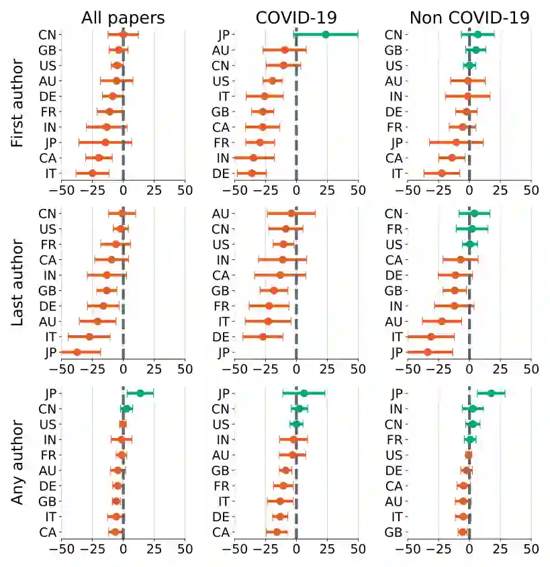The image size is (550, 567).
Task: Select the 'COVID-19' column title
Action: (x=296, y=17)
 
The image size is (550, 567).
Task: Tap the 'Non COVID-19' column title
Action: (x=469, y=17)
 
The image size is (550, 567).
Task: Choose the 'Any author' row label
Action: (x=18, y=462)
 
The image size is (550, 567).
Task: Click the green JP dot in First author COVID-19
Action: (x=326, y=34)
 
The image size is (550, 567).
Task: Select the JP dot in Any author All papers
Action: (x=140, y=394)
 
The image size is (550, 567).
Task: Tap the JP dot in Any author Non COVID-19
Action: (x=491, y=394)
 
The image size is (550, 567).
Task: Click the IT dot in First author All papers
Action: (x=93, y=173)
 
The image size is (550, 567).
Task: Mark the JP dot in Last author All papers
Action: (x=77, y=352)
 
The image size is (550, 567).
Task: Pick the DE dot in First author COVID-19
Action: (x=252, y=173)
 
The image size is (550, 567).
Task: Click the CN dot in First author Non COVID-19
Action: (x=477, y=34)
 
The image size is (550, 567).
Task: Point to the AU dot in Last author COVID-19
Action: (x=291, y=214)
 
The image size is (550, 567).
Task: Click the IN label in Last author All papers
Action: (x=48, y=275)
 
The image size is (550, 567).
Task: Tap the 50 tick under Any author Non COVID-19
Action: (x=531, y=549)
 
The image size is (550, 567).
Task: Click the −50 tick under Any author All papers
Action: (x=61, y=549)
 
